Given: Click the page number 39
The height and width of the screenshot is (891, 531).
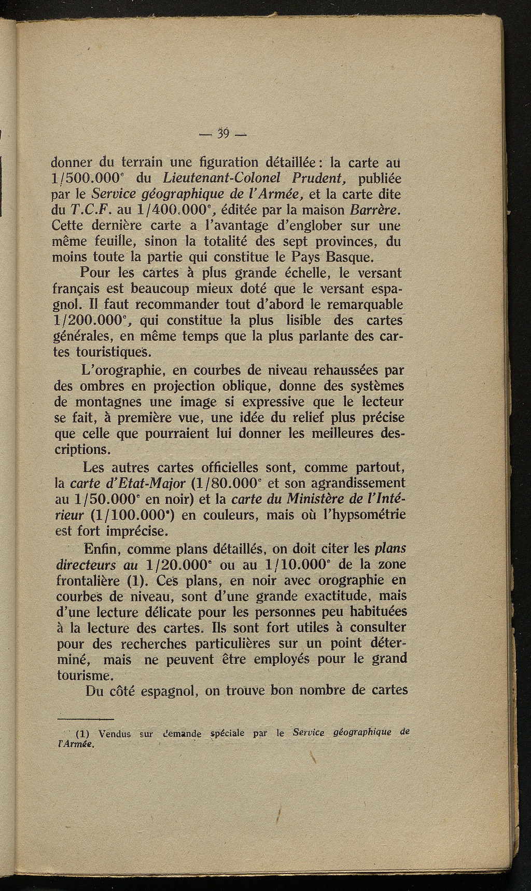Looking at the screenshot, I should coord(224,134).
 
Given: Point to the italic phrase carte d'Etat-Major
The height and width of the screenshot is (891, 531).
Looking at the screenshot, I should coord(128,483).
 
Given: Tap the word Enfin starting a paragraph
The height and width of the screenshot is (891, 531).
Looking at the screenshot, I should coord(101,549).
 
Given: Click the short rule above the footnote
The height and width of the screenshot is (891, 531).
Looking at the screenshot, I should coord(85,719).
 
